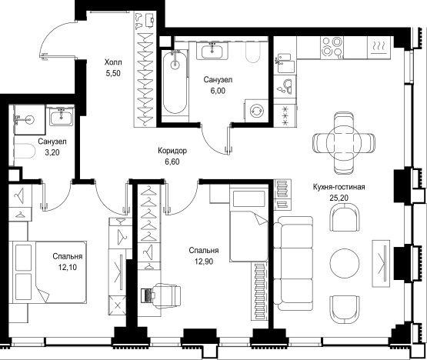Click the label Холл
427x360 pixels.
click(113, 62)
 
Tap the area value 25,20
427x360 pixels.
click(339, 198)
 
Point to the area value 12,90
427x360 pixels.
click(203, 262)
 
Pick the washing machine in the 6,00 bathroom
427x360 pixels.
click(257, 111)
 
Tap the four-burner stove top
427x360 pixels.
click(332, 47)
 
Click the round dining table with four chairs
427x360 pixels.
click(344, 142)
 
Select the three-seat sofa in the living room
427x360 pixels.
click(293, 263)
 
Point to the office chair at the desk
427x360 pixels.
click(166, 295)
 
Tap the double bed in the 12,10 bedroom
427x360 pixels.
click(49, 272)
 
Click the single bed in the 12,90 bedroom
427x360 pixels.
click(249, 223)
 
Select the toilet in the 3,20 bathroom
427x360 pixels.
click(24, 151)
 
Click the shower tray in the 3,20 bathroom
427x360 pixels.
click(29, 119)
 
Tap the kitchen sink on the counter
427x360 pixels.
click(285, 86)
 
